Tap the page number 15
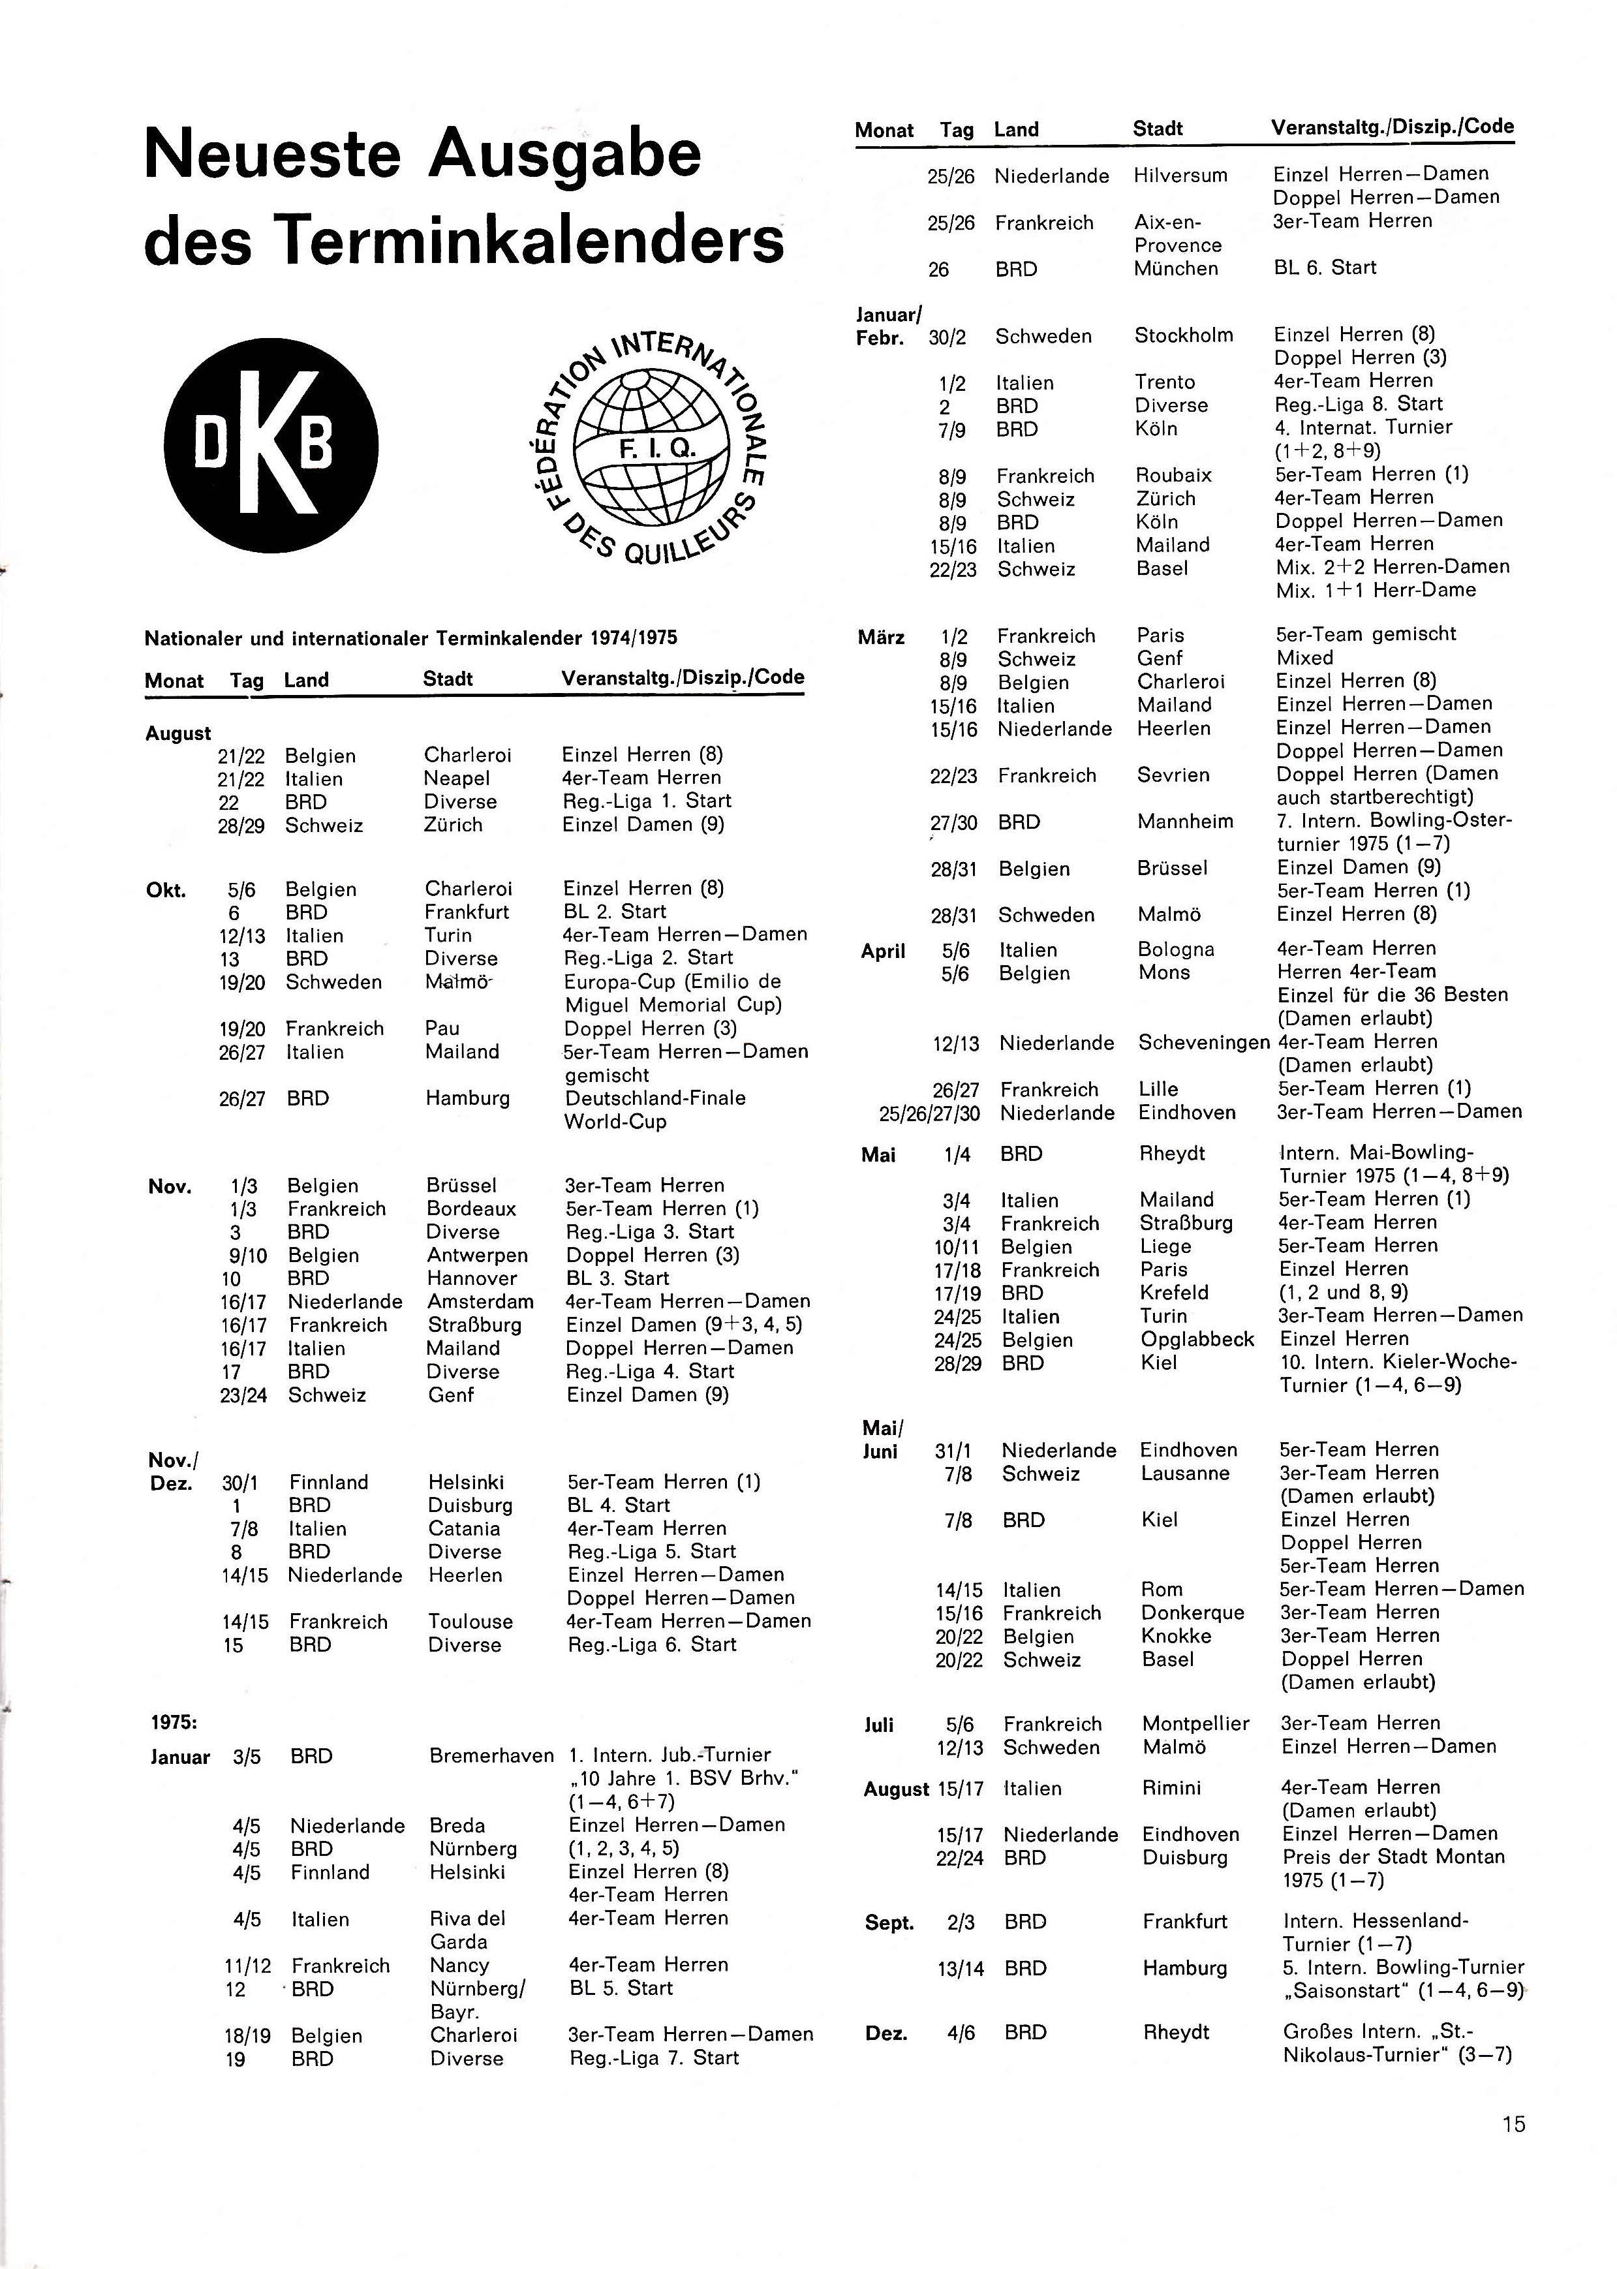click(1513, 2123)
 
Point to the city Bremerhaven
click(491, 1755)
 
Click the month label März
click(880, 636)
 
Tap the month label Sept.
click(888, 1922)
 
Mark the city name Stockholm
click(1183, 335)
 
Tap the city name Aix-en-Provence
click(1177, 233)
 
